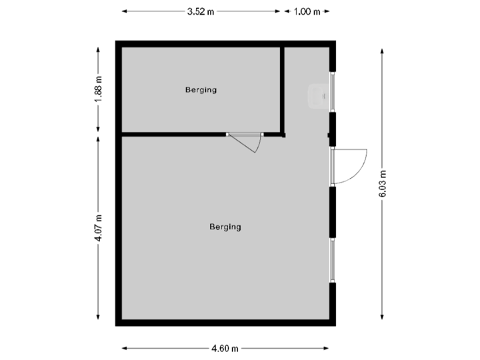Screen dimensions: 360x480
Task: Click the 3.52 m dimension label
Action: [201, 11]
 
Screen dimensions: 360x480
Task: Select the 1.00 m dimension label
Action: [307, 11]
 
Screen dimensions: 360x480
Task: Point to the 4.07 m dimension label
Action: [99, 227]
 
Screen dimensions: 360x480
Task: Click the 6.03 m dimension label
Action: [382, 184]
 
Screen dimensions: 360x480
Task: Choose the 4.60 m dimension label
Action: [225, 348]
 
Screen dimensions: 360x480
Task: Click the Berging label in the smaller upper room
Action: [201, 90]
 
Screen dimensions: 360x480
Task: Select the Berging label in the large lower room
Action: [225, 227]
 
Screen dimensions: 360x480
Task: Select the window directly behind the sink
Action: [333, 91]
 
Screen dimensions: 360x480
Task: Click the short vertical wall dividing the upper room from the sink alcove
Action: [283, 90]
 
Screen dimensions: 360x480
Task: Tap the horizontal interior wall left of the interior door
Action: [173, 135]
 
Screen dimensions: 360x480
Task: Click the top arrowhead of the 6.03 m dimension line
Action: [382, 50]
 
